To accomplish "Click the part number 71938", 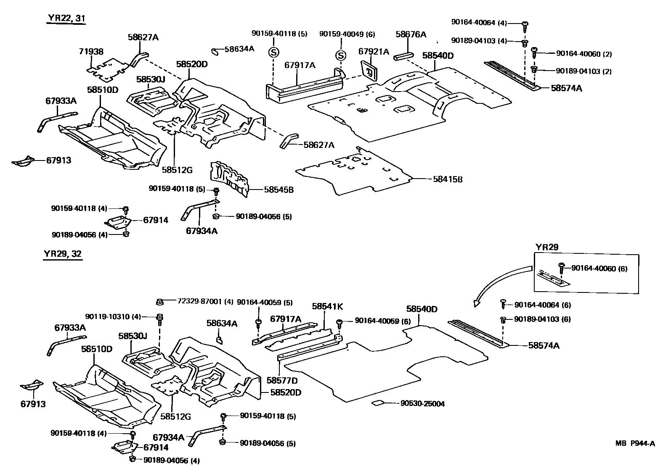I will point(91,51).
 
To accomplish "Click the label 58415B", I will point(448,179).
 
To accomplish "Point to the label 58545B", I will point(278,190).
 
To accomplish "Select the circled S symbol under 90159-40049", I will point(341,55).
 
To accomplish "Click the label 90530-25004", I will point(422,404).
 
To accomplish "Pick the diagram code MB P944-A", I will point(635,443).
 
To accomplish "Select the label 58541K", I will point(327,307).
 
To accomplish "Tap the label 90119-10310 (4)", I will point(119,316).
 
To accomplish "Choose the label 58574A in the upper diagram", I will point(567,88).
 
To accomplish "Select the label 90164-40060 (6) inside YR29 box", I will point(599,269).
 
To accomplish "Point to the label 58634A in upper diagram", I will point(239,49).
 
